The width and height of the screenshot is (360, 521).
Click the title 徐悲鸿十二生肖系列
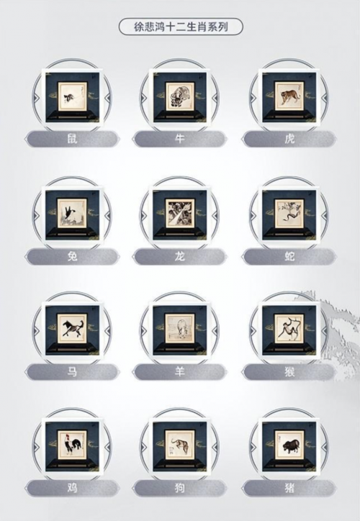click(x=181, y=27)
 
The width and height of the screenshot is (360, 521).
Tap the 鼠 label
click(x=72, y=138)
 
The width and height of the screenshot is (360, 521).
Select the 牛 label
click(x=179, y=138)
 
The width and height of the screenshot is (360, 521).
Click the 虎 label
click(x=289, y=138)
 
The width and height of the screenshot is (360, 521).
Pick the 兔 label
click(x=72, y=256)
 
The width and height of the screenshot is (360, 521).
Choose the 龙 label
click(x=179, y=256)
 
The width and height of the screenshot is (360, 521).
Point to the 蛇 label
click(x=289, y=256)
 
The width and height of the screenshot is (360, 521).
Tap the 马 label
click(x=72, y=371)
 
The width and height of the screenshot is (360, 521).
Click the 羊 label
click(x=179, y=371)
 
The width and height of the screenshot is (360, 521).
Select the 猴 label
click(x=289, y=371)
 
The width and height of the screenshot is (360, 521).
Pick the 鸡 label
click(x=72, y=488)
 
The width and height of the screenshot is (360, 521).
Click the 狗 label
click(x=179, y=488)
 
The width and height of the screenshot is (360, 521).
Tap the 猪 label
click(x=289, y=488)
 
